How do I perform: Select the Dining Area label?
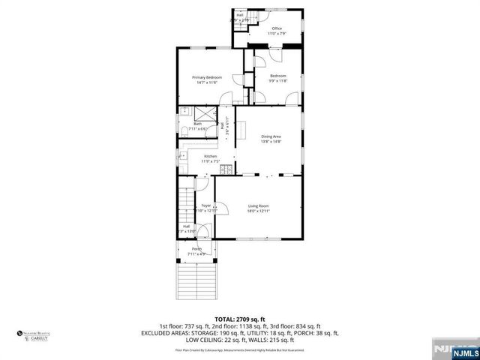pyautogui.click(x=271, y=136)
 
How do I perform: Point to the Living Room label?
pyautogui.click(x=259, y=205)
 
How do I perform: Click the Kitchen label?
pyautogui.click(x=211, y=156)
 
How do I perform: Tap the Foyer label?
pyautogui.click(x=206, y=205)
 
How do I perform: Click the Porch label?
pyautogui.click(x=196, y=249)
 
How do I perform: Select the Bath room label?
pyautogui.click(x=198, y=124)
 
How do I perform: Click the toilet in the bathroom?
pyautogui.click(x=184, y=132)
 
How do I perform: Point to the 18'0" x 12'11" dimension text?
pyautogui.click(x=259, y=211)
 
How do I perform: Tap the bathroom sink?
pyautogui.click(x=184, y=112)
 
